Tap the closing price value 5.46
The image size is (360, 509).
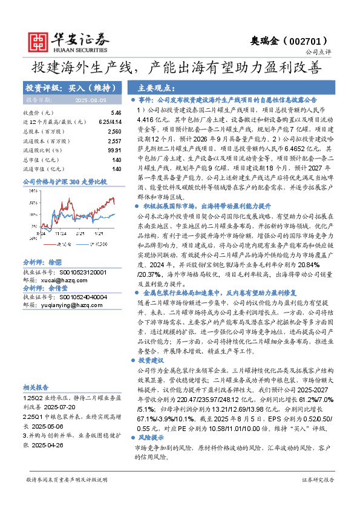[116, 113]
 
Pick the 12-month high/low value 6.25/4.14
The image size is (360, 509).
[110, 122]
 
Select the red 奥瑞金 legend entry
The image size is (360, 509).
[61, 244]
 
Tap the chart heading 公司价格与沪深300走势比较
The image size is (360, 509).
[65, 181]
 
